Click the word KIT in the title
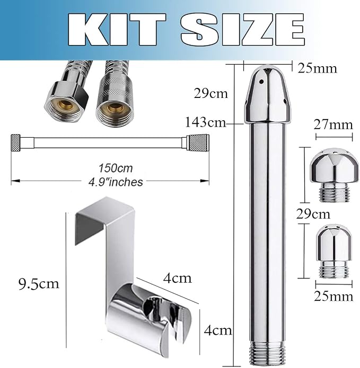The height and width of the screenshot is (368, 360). (117, 29)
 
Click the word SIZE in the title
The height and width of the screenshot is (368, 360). (243, 29)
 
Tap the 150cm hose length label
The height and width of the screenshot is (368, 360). (116, 168)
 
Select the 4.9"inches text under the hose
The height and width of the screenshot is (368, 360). (116, 182)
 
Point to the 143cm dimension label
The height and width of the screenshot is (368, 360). (206, 122)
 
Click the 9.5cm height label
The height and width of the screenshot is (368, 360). (39, 283)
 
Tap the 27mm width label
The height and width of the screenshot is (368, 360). (333, 124)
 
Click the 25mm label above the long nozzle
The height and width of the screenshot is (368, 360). (317, 68)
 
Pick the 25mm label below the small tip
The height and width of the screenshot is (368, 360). (333, 296)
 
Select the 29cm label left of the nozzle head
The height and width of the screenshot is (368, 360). (211, 93)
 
